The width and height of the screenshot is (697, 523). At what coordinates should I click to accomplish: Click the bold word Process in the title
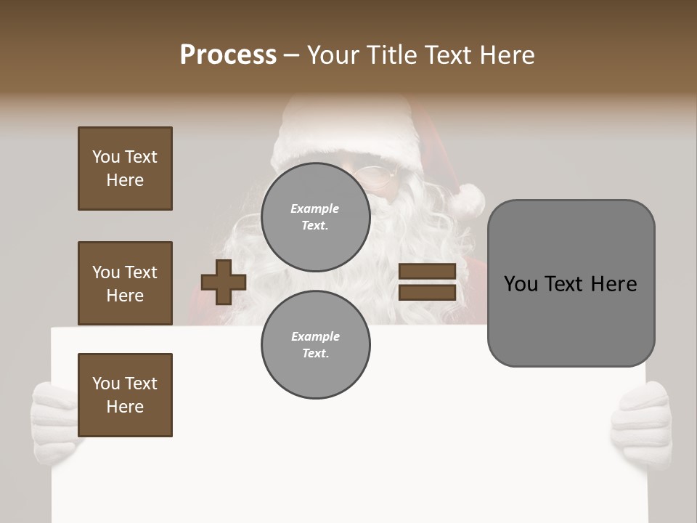click(228, 55)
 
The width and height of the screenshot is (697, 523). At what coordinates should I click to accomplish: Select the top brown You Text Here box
click(125, 169)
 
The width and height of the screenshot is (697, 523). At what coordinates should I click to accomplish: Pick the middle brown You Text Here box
click(125, 283)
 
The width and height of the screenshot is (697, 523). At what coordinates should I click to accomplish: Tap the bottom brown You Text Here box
click(125, 395)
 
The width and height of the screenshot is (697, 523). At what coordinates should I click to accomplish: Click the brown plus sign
click(223, 282)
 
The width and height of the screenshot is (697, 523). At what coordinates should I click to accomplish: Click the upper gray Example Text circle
click(315, 216)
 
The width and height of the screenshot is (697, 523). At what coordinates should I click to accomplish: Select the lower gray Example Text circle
click(315, 344)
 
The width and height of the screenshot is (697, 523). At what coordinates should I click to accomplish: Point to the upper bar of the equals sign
click(427, 272)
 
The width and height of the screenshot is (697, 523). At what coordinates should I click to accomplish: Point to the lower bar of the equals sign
click(427, 293)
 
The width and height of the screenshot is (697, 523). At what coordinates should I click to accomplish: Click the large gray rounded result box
click(571, 320)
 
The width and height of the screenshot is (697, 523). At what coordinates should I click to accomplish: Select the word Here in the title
click(506, 55)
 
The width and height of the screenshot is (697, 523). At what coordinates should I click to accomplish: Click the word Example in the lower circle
click(315, 336)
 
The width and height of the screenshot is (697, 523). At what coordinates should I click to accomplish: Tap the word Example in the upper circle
click(315, 208)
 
